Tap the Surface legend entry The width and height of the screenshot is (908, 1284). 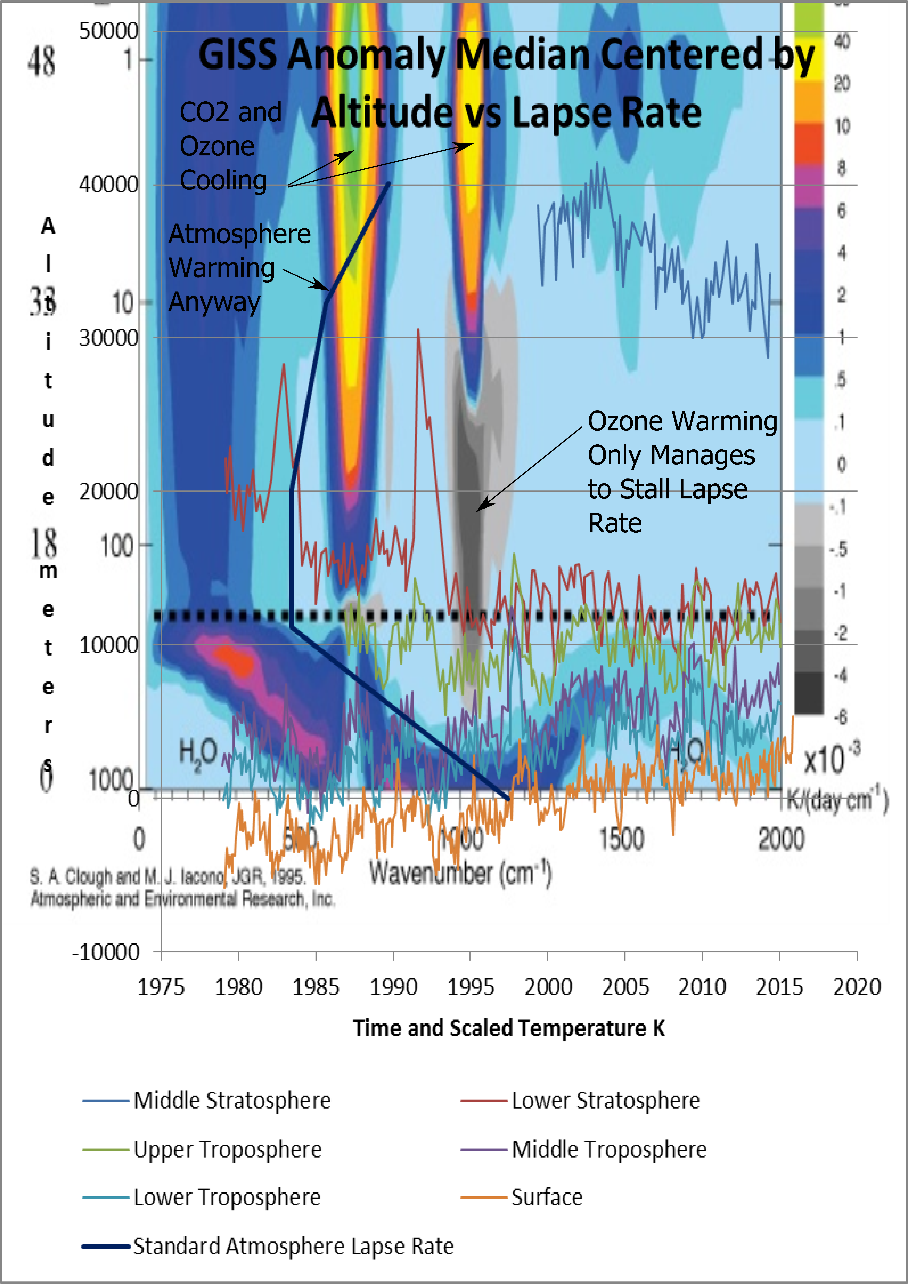547,1197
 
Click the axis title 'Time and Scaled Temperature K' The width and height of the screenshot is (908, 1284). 509,1028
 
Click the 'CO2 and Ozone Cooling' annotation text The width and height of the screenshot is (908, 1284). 229,147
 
